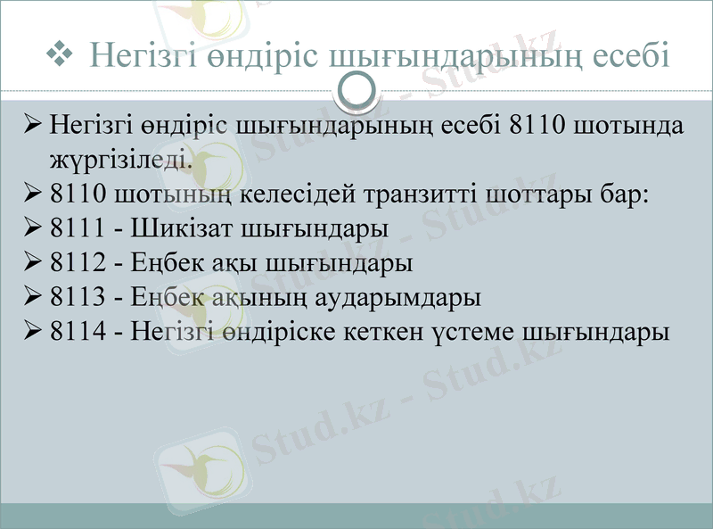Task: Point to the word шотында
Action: [x=630, y=124]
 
